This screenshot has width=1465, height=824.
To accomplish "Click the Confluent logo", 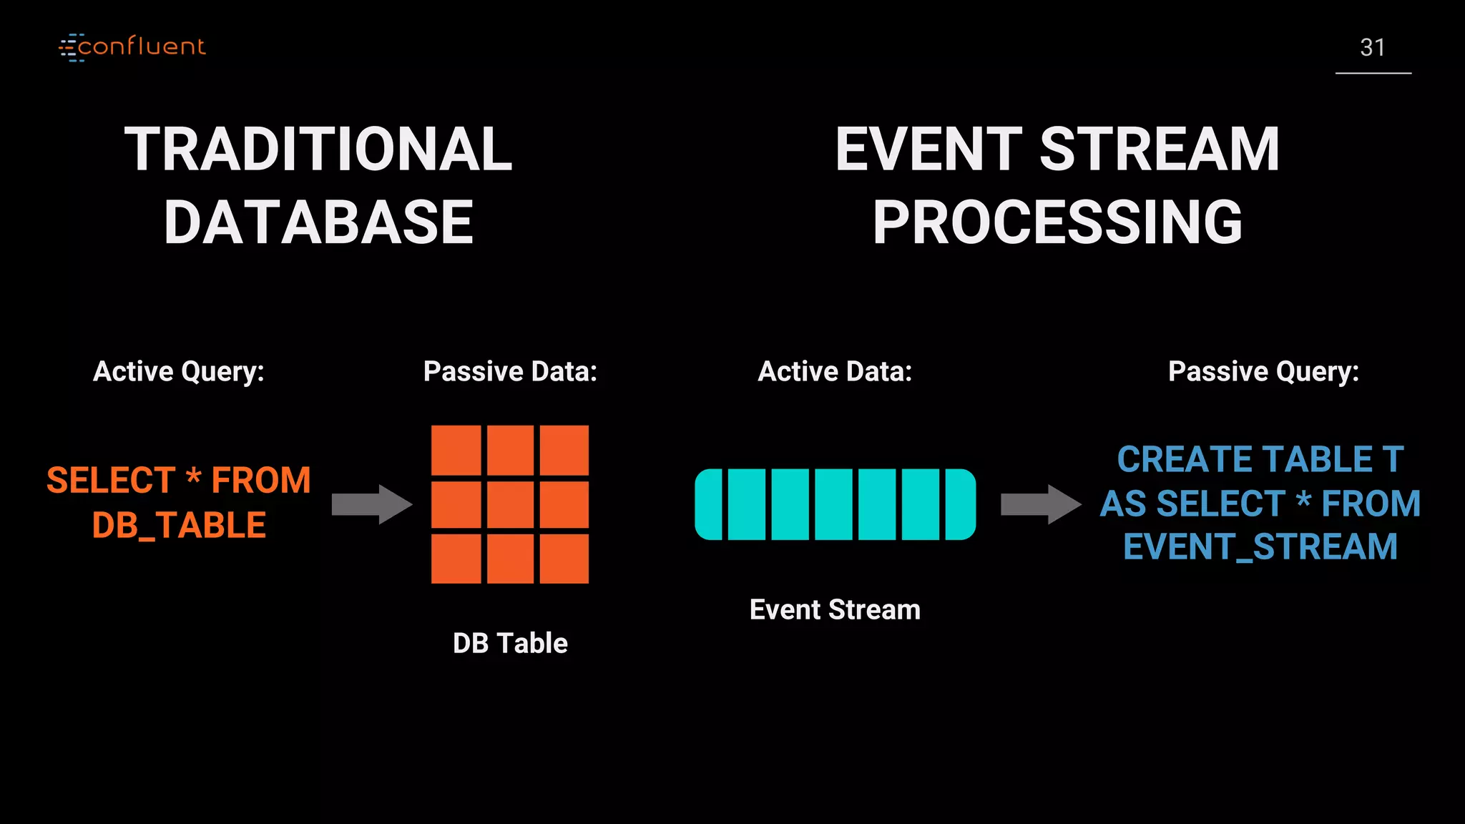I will [132, 47].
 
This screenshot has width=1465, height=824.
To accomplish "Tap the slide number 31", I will [1372, 48].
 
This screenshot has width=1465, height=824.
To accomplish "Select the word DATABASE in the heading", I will [318, 222].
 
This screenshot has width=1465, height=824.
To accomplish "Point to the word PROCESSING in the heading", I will [1057, 222].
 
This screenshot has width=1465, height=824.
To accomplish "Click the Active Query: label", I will [179, 371].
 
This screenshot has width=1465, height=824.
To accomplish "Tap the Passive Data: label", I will [510, 371].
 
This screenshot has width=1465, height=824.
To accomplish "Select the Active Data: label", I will [835, 371].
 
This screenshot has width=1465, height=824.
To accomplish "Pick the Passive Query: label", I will [1263, 371].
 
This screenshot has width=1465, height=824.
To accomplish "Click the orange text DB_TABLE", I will [179, 525].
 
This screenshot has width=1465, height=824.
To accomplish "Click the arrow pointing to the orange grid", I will [371, 504].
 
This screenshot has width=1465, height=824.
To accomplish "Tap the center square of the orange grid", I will [510, 504].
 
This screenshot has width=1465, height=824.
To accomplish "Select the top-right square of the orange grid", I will [564, 451].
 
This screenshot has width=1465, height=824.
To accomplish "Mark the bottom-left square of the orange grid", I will [456, 559].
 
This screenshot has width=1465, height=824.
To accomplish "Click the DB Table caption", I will [510, 643].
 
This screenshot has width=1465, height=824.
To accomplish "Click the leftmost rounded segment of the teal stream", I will [709, 504].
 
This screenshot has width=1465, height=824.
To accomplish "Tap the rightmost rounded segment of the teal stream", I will [961, 504].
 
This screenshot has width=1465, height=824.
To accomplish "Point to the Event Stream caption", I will [835, 609].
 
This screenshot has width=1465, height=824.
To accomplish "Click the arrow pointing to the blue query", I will [1040, 504].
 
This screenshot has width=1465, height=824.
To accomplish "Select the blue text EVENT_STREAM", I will [1260, 547].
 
